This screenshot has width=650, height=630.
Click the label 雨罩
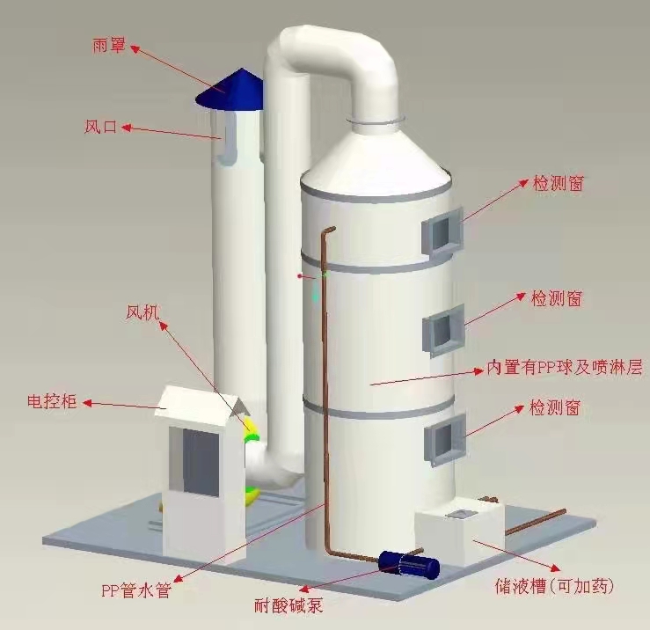pyautogui.click(x=108, y=45)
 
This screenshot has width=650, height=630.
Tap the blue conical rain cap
pyautogui.click(x=230, y=90)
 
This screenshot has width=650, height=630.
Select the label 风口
pyautogui.click(x=101, y=127)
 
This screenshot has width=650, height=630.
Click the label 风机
pyautogui.click(x=142, y=312)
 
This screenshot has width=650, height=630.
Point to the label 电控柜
pyautogui.click(x=52, y=401)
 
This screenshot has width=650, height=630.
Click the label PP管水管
pyautogui.click(x=136, y=590)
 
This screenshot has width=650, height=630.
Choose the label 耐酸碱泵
pyautogui.click(x=288, y=606)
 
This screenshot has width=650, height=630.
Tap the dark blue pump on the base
pyautogui.click(x=409, y=565)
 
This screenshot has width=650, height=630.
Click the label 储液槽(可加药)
pyautogui.click(x=554, y=586)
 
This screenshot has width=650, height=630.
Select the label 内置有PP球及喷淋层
pyautogui.click(x=565, y=367)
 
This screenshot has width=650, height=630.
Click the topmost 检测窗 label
pyautogui.click(x=559, y=183)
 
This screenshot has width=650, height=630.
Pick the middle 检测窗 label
pyautogui.click(x=557, y=298)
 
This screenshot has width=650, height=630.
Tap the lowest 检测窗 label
pyautogui.click(x=555, y=407)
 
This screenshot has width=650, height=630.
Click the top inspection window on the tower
pyautogui.click(x=442, y=231)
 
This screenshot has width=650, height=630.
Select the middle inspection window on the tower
pyautogui.click(x=443, y=330)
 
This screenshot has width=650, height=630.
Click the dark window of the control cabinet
pyautogui.click(x=201, y=462)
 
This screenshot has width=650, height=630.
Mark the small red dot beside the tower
pyautogui.click(x=300, y=275)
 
